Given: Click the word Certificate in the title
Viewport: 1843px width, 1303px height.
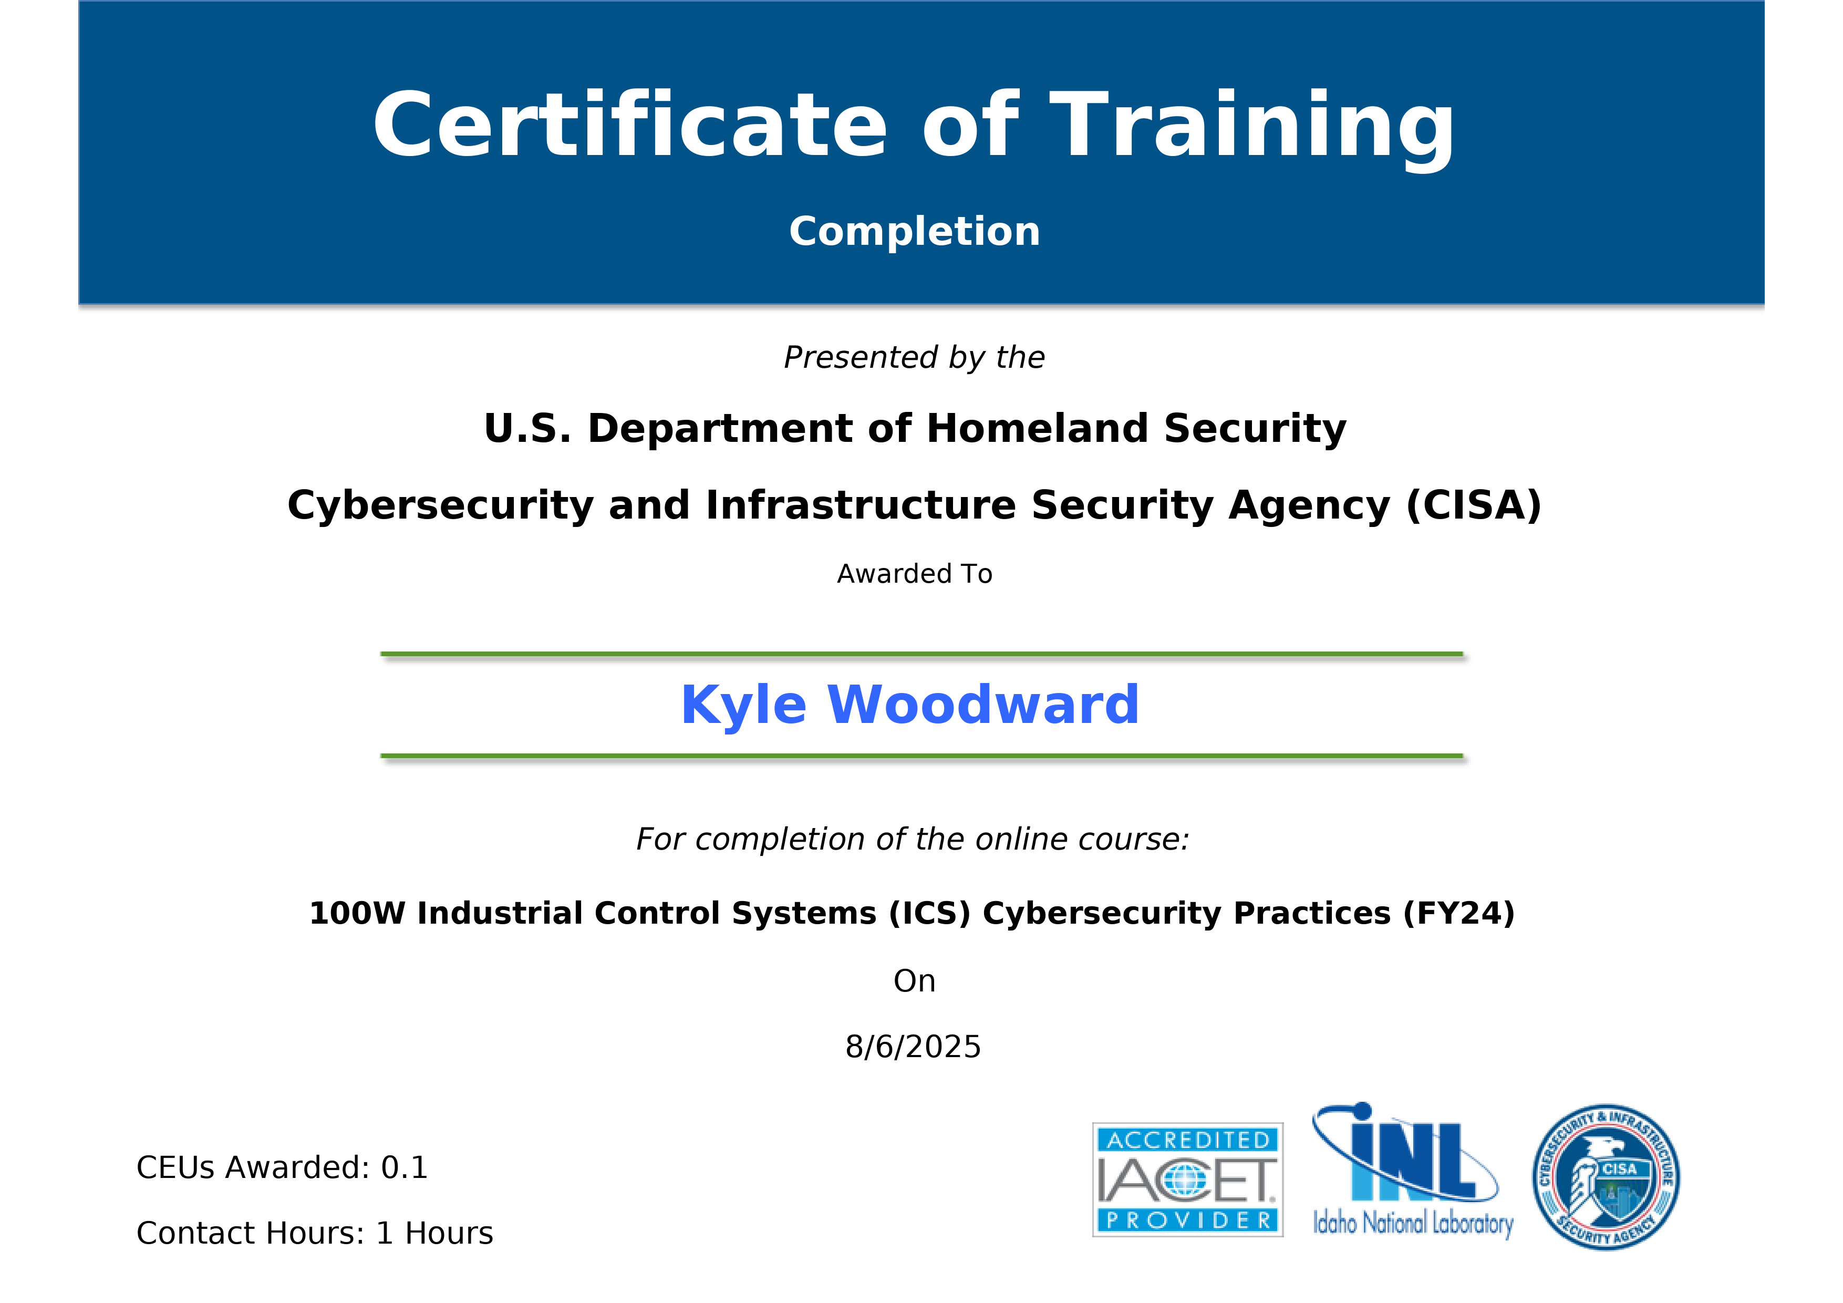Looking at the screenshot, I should tap(629, 126).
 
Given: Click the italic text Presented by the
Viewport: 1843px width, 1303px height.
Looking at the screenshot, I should tap(914, 357).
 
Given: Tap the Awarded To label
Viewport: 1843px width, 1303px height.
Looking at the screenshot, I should tap(914, 574).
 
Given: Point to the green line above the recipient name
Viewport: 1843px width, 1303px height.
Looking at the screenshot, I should tap(921, 654).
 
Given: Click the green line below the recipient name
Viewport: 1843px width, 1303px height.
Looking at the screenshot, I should tap(921, 756).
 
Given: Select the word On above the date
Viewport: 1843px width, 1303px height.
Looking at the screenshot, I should tap(914, 981).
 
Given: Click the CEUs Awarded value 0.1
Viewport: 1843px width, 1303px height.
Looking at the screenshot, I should tap(405, 1168).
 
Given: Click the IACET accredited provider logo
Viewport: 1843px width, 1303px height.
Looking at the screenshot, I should tap(1187, 1180).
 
